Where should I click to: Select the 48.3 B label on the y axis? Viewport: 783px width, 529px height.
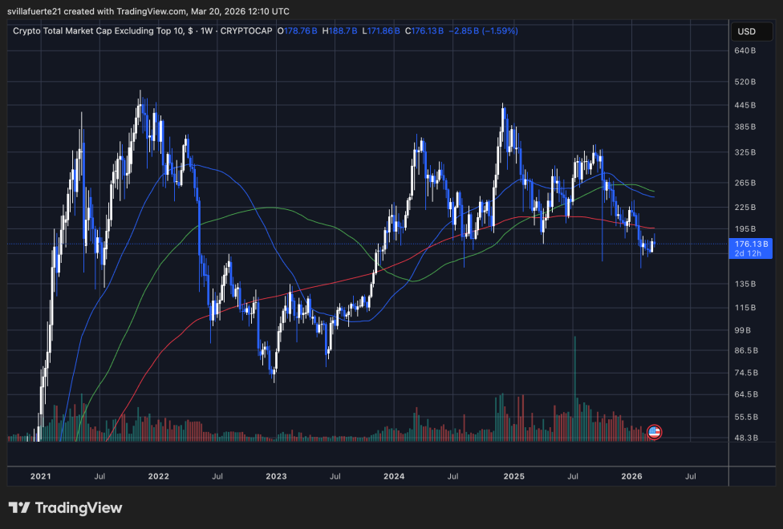[x=747, y=438]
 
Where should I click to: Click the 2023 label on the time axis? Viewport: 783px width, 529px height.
[x=276, y=476]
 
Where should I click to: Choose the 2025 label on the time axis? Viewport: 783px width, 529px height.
[x=513, y=476]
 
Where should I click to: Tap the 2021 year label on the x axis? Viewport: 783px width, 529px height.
[x=41, y=476]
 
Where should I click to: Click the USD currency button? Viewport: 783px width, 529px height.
[x=746, y=32]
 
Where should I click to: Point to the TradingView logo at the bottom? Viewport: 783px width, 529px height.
[x=66, y=508]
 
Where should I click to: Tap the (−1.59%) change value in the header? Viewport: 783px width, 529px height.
[x=498, y=31]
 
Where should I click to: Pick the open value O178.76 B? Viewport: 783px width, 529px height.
[x=297, y=31]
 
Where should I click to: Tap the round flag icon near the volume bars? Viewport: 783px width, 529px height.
[x=654, y=432]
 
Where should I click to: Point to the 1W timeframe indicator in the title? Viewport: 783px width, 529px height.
[x=210, y=31]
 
